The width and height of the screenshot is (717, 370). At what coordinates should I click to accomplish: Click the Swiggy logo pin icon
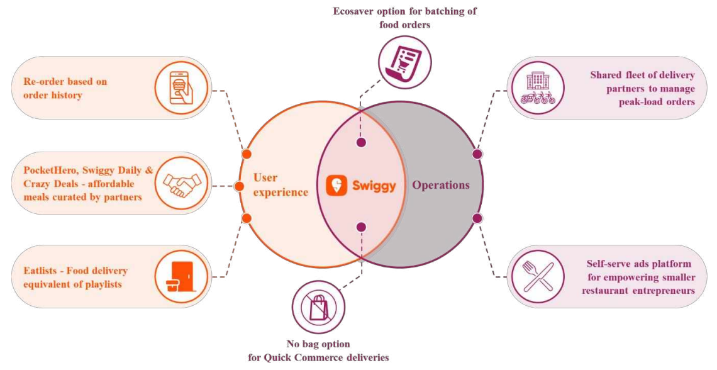click(337, 186)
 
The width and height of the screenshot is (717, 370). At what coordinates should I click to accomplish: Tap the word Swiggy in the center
click(374, 186)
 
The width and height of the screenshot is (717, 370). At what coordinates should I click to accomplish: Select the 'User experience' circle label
click(281, 185)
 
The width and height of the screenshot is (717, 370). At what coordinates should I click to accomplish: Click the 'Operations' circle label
click(440, 185)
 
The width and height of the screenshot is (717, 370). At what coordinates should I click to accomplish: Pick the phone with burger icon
click(181, 88)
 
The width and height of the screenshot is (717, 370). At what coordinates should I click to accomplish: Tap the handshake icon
click(181, 183)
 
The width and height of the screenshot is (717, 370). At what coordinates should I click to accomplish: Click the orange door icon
click(181, 277)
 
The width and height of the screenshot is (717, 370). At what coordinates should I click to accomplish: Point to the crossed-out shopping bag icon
click(318, 307)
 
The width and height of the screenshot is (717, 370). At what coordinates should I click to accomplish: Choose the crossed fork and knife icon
click(538, 276)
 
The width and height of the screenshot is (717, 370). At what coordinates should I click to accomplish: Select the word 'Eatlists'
click(35, 271)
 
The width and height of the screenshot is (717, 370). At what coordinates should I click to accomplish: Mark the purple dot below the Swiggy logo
click(361, 227)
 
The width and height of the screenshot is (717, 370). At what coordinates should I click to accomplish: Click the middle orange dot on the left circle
click(238, 186)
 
